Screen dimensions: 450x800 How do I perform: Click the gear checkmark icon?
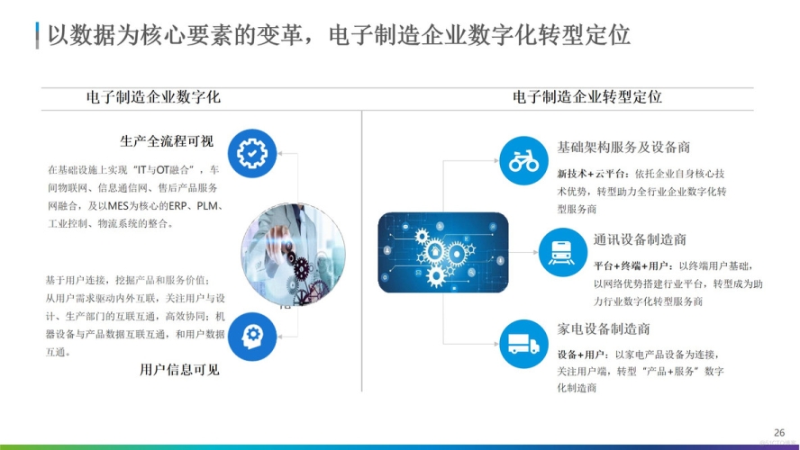252,154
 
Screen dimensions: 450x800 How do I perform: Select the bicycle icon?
523,159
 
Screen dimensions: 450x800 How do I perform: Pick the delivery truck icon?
523,343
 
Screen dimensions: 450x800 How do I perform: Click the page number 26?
779,432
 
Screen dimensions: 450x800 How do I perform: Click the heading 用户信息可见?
179,369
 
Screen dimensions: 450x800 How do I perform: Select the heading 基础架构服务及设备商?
623,148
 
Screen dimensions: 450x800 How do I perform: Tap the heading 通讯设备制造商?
640,239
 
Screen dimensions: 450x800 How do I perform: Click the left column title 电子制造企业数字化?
153,96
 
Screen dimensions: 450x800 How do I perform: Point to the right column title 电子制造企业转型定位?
587,96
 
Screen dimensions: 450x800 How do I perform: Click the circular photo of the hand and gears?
293,250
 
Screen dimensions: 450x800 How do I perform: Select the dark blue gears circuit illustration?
442,252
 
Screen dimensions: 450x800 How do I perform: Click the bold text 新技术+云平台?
582,174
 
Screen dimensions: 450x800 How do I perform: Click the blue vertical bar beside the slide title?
37,36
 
